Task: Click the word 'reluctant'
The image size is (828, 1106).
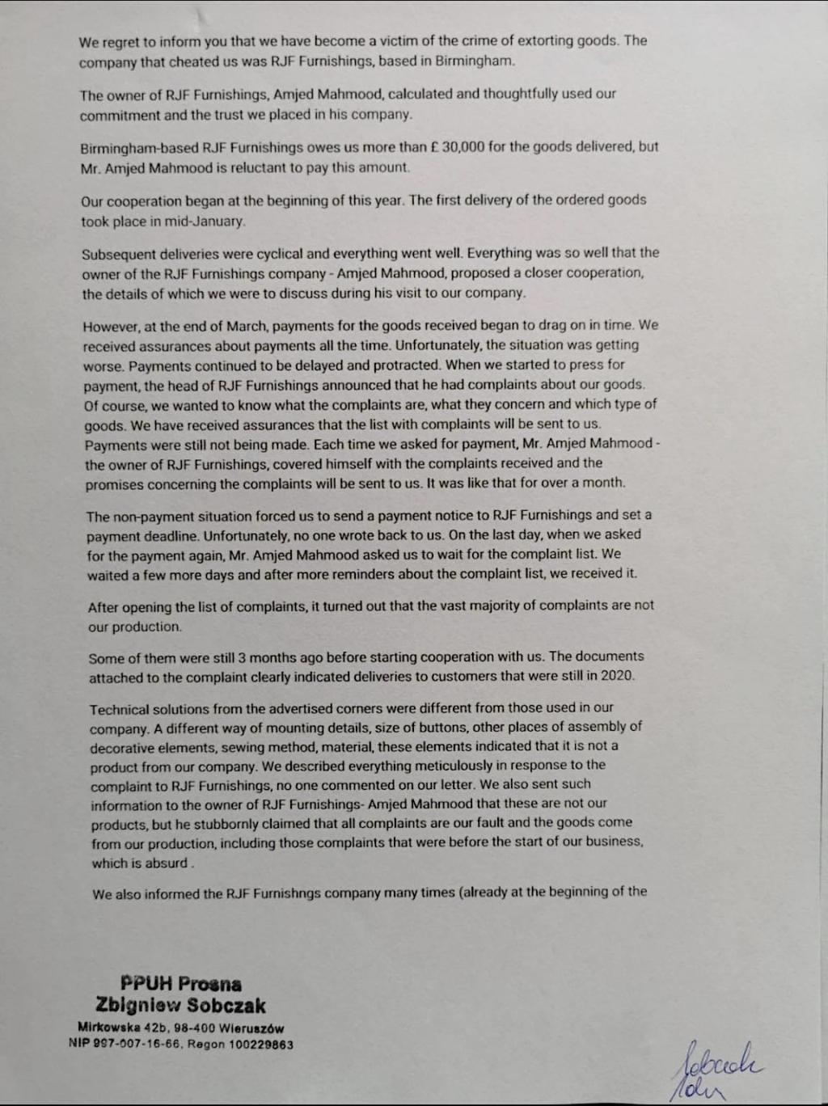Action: [268, 168]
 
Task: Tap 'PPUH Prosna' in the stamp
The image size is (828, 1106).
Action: [180, 984]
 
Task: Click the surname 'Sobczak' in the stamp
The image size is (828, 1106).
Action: [226, 1006]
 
